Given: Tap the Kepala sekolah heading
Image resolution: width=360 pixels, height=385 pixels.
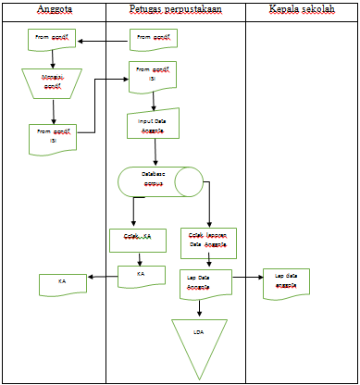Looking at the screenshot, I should pos(302,9).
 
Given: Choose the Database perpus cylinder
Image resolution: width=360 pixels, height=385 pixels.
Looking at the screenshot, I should pos(159,180).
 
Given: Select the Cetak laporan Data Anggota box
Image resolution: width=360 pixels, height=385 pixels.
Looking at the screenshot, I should pos(207,241).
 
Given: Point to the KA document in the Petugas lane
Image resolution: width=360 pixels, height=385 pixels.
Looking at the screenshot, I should pos(141,276).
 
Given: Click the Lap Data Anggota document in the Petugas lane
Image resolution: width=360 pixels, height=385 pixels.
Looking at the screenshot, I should pos(205,282).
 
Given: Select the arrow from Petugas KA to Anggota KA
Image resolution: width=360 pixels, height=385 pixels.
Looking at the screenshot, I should pos(102,276).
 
